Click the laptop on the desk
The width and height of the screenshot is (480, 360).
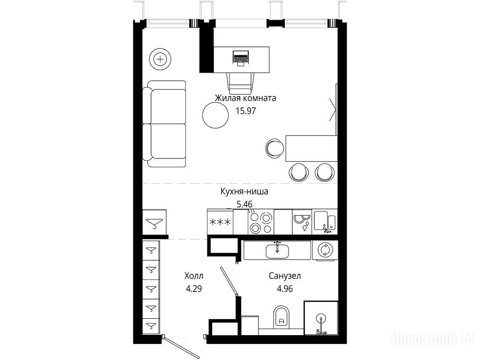tap(241, 58)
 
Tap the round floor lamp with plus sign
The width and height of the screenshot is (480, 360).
tap(160, 59)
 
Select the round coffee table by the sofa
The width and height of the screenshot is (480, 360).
tap(215, 115)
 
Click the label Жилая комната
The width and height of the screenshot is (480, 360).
tap(245, 98)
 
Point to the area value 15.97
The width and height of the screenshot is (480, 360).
tap(245, 111)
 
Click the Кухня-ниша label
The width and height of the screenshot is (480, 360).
tap(244, 192)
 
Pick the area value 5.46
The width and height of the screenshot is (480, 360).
tap(244, 204)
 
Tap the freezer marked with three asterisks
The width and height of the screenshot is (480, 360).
tap(220, 222)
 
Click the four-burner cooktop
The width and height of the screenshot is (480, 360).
tap(260, 222)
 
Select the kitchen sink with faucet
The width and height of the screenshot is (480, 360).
tap(325, 222)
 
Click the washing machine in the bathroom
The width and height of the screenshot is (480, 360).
tap(325, 250)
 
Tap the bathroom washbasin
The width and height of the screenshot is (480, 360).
tap(277, 250)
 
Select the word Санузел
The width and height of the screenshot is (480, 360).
tap(285, 276)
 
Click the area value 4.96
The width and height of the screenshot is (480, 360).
tap(285, 288)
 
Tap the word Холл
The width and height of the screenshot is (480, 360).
tap(194, 276)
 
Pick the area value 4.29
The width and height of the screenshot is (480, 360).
tap(194, 288)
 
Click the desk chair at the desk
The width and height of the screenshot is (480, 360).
tap(241, 83)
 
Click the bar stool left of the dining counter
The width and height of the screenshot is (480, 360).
tap(274, 148)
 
